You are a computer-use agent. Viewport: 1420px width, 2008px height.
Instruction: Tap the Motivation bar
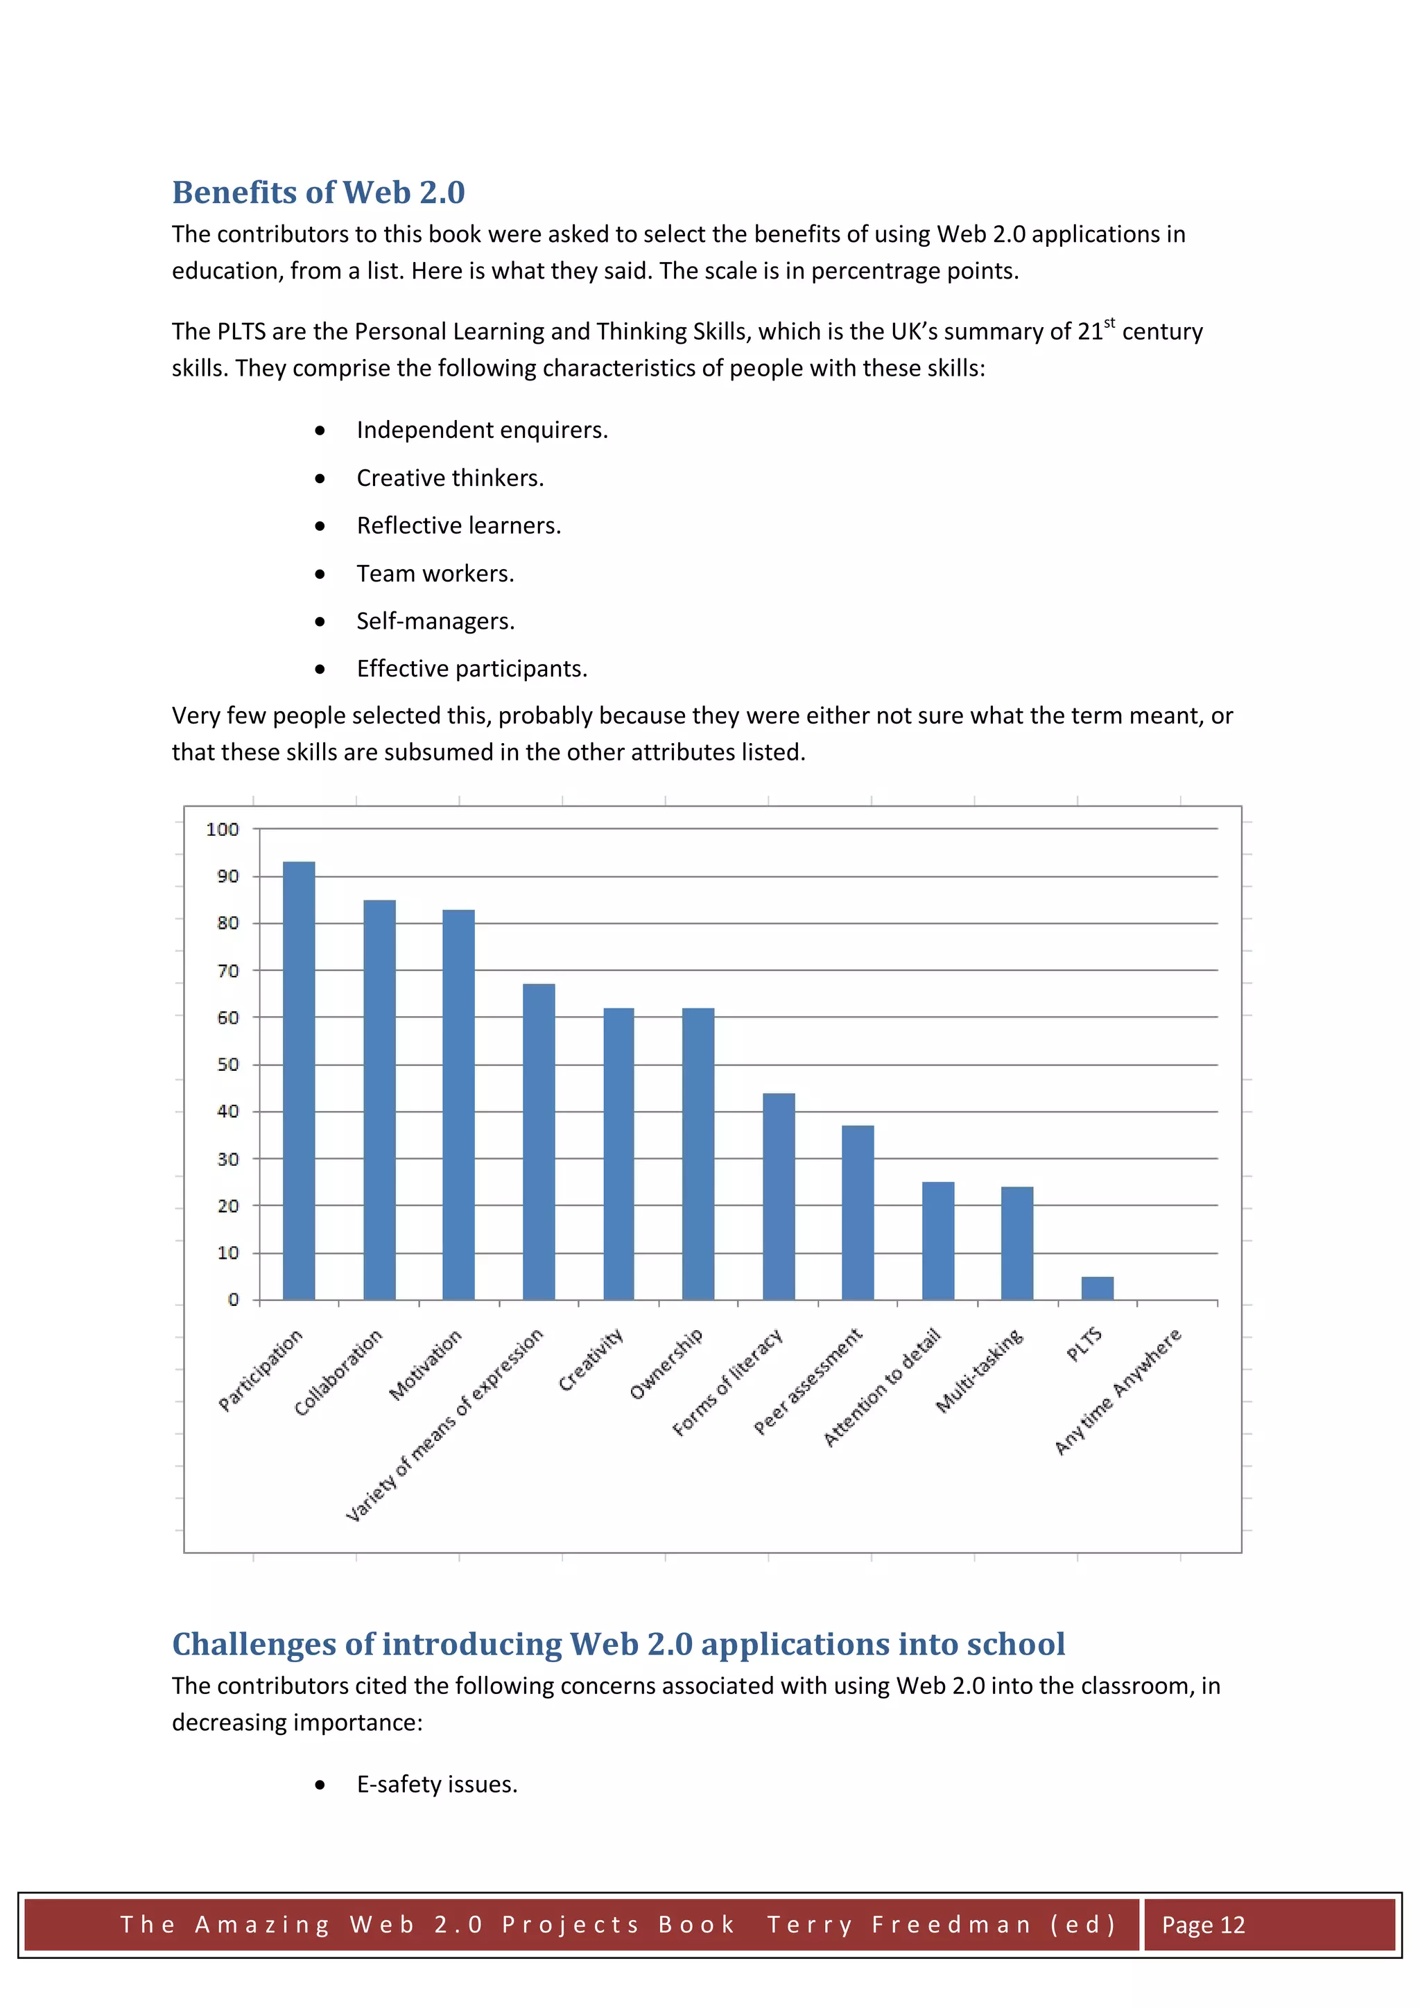click(x=458, y=1105)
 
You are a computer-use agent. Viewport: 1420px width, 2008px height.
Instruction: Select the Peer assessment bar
click(x=858, y=1212)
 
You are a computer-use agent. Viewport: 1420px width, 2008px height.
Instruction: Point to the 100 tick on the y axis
click(x=223, y=829)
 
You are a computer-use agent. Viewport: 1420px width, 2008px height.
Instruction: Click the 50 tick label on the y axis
click(x=227, y=1065)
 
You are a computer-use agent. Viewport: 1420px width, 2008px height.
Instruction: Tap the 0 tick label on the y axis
click(x=233, y=1300)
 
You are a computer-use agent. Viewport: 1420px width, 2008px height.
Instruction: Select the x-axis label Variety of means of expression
click(x=444, y=1424)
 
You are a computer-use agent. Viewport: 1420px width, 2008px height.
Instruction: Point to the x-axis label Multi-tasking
click(x=979, y=1370)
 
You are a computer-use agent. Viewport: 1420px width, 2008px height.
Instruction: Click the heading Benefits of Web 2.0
click(x=318, y=193)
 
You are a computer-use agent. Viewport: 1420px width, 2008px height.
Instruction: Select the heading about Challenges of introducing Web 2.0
click(x=618, y=1644)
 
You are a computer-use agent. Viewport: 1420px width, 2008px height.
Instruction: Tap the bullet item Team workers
click(x=435, y=574)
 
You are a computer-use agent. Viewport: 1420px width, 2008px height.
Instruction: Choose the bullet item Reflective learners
click(x=458, y=525)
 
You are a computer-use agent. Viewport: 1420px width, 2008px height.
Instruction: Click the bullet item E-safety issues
click(x=437, y=1784)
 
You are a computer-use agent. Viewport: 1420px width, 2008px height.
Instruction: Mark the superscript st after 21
click(x=1109, y=324)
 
